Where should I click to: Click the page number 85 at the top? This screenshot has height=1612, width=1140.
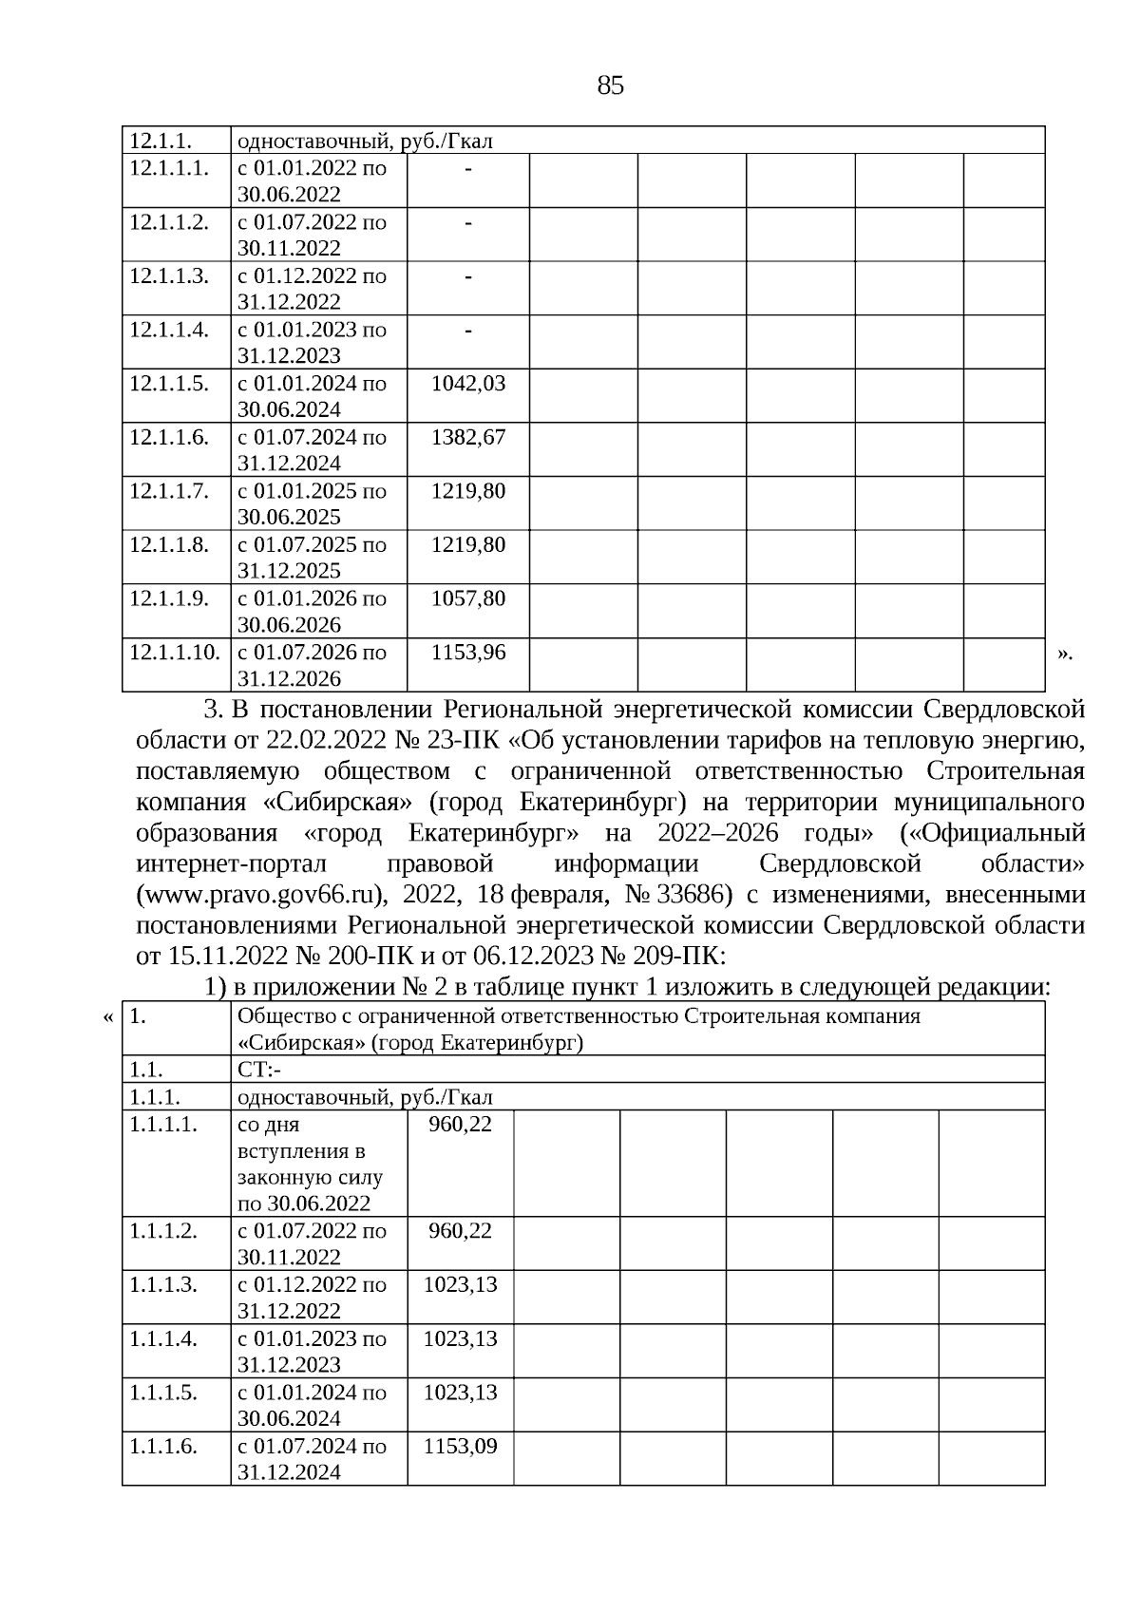coord(611,86)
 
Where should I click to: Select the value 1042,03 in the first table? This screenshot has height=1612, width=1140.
coord(468,384)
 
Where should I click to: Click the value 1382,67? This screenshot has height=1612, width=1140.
coord(468,438)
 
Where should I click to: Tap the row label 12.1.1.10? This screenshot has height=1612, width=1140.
coord(174,653)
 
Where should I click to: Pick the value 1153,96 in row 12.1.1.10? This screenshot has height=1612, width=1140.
coord(468,653)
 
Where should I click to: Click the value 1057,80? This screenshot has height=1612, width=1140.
coord(468,598)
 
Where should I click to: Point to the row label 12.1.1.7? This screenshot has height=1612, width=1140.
coord(168,491)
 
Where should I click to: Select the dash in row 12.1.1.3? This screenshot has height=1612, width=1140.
coord(468,276)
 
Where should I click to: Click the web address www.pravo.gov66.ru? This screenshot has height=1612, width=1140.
coord(261,895)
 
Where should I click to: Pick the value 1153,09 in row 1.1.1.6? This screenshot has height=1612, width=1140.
coord(461,1446)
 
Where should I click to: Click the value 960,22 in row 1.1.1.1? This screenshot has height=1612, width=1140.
coord(461,1124)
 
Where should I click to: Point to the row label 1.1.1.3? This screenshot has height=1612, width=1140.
coord(162,1284)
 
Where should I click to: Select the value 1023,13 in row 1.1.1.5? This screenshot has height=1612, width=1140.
coord(461,1392)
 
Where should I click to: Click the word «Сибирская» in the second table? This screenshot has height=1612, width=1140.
coord(300,1043)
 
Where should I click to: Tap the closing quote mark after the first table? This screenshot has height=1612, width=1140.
coord(1064,653)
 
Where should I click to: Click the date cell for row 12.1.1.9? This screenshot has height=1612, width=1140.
coord(312,611)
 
